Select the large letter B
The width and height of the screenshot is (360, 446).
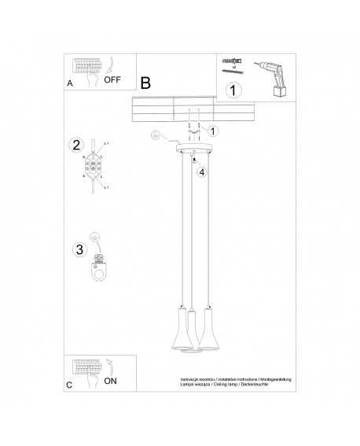tap(145, 82)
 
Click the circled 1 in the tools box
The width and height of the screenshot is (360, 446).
tap(233, 90)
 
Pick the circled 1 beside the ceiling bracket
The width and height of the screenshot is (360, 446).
tap(214, 131)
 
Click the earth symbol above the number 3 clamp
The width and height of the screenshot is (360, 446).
tap(94, 237)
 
